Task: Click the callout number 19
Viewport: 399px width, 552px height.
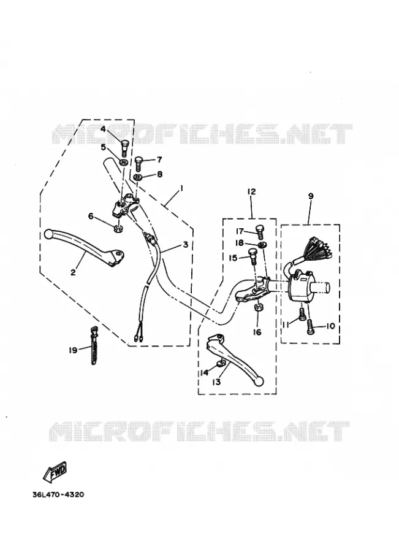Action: (73, 351)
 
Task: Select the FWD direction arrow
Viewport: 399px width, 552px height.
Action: (55, 472)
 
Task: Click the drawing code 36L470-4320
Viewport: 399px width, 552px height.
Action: (58, 494)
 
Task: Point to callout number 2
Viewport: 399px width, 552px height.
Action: (73, 272)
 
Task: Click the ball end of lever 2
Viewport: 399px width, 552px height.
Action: (49, 234)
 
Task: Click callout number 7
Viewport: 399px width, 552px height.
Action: (159, 160)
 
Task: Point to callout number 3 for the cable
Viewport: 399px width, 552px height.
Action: (186, 244)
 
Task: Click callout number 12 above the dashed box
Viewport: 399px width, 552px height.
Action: (251, 191)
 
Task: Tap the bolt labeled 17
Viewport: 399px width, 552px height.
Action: (259, 231)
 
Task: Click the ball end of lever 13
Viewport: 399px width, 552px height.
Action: (260, 381)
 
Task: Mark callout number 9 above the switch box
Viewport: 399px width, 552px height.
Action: (311, 196)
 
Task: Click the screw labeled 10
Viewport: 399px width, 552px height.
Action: (310, 326)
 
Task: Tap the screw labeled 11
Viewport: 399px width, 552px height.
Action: (302, 313)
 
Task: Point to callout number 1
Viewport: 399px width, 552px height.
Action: (181, 189)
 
